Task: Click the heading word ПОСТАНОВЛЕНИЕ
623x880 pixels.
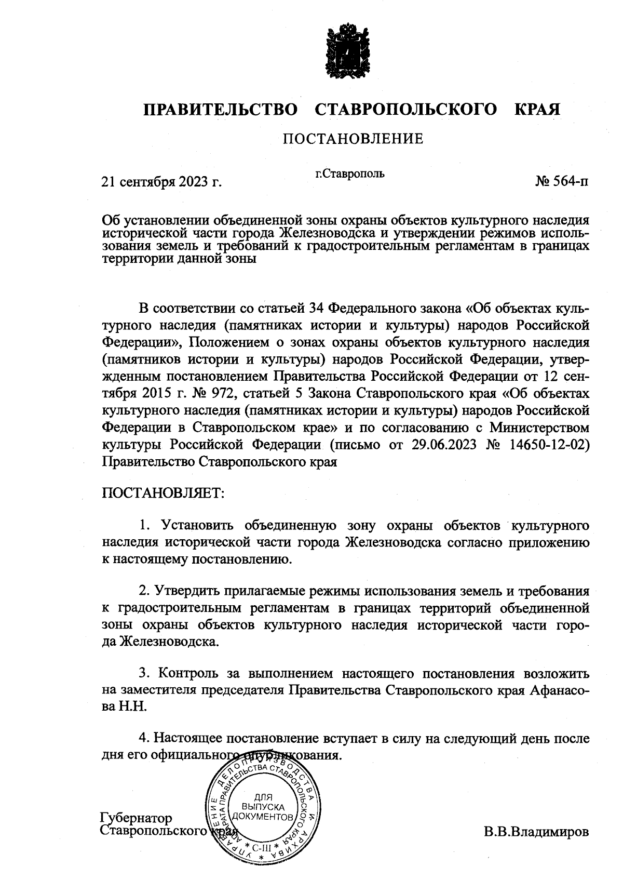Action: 353,139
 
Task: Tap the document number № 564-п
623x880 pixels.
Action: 562,182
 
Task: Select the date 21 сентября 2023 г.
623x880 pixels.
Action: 161,182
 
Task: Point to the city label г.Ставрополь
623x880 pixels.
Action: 350,174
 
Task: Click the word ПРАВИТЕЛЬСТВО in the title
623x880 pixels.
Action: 221,110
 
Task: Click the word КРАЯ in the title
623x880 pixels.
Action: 537,110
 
